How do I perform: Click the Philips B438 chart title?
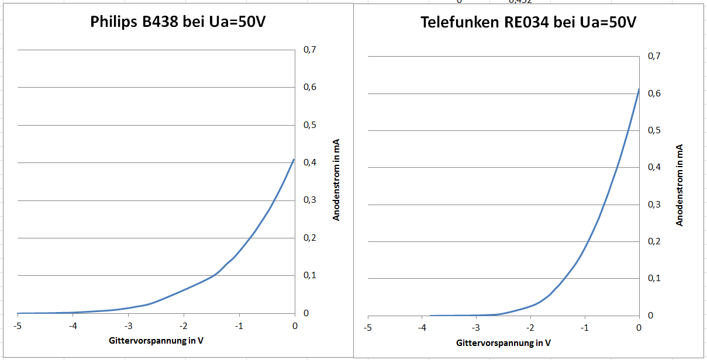(x=181, y=22)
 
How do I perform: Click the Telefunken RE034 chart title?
(x=528, y=22)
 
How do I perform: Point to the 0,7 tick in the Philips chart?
(x=309, y=50)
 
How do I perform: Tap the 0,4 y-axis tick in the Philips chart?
(x=309, y=163)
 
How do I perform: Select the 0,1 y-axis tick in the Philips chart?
(x=309, y=276)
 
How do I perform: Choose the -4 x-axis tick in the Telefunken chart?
(x=422, y=328)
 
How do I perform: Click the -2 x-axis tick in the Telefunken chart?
(x=530, y=328)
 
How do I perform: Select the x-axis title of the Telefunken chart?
(x=503, y=342)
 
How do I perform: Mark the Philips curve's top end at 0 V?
(x=294, y=159)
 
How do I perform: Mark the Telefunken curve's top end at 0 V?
(x=639, y=89)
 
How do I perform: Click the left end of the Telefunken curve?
(x=431, y=316)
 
